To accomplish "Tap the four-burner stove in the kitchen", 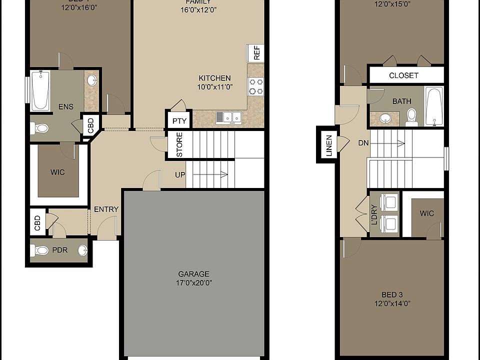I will click(x=256, y=86).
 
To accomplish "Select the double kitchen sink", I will click(x=229, y=117).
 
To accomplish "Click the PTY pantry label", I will click(x=178, y=120).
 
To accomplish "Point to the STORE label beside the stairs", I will click(x=179, y=144).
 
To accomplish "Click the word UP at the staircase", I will click(x=180, y=174).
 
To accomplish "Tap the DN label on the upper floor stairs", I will click(x=363, y=143).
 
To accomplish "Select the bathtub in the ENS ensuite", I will click(x=40, y=90).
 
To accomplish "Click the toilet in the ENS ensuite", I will click(x=40, y=128).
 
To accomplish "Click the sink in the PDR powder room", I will click(x=82, y=250).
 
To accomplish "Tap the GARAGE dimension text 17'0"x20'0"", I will click(x=193, y=282).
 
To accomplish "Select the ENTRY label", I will click(x=106, y=209).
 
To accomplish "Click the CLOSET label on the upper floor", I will click(x=403, y=75).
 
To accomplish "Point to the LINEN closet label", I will click(x=328, y=145).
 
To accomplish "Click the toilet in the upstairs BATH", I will click(x=411, y=115).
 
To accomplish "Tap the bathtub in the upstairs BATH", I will click(x=433, y=106).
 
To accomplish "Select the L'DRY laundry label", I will click(x=374, y=214).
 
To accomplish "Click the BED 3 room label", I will click(x=392, y=294).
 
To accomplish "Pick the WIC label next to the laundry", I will click(x=426, y=213).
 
